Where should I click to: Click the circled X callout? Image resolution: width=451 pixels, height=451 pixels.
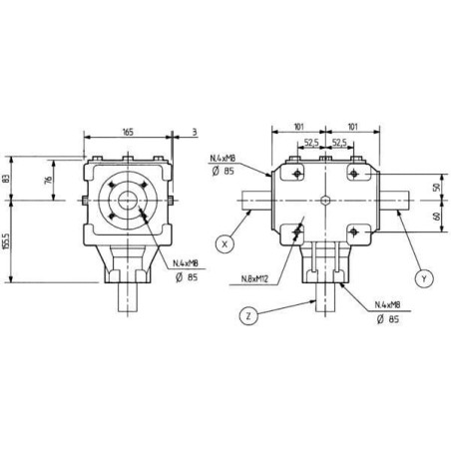(225, 244)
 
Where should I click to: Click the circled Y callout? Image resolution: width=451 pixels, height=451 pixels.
(424, 278)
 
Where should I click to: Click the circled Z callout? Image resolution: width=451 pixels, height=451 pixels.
(248, 316)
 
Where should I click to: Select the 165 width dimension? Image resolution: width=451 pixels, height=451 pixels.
(128, 132)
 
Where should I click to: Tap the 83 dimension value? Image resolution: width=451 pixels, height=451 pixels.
(6, 180)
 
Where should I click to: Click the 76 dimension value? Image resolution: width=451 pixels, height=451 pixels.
(48, 180)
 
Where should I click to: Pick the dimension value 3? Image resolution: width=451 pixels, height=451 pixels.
(195, 132)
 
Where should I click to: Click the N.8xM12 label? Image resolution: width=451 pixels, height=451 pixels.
(254, 278)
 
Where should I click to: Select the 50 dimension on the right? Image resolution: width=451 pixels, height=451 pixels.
(437, 187)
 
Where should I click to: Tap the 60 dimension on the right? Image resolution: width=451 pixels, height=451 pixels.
(437, 216)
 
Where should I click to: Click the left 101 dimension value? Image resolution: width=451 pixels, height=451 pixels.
(299, 127)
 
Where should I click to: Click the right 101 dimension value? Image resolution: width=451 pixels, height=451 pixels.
(353, 127)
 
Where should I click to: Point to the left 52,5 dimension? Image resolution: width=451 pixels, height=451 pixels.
(311, 143)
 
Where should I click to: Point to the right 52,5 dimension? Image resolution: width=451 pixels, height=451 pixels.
(339, 143)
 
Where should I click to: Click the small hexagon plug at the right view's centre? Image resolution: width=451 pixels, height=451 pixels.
(325, 201)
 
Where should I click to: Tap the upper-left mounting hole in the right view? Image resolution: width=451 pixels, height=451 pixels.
(297, 173)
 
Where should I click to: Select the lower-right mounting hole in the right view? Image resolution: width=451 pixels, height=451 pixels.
(354, 231)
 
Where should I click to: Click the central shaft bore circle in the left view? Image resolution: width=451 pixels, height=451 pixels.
(128, 201)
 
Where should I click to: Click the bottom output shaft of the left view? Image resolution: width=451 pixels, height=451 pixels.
(128, 297)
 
